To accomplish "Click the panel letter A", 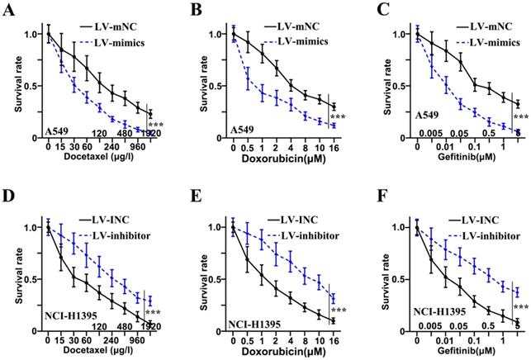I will click(10, 10).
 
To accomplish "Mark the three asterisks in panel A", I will click(156, 126).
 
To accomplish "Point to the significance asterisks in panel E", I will click(338, 311).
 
